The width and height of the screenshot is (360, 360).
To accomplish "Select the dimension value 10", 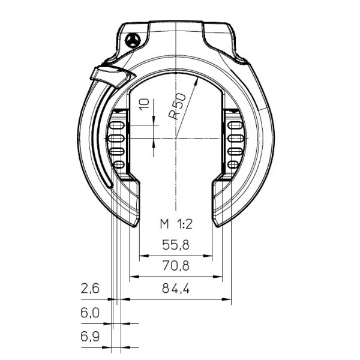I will [142, 106].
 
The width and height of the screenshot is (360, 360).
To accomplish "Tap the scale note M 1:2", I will [176, 224].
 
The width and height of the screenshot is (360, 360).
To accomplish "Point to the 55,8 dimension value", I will [175, 245].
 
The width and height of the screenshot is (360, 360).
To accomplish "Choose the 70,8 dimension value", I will [175, 266].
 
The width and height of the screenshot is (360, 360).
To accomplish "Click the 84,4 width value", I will [176, 289].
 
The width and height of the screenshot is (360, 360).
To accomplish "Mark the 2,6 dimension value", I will [90, 289].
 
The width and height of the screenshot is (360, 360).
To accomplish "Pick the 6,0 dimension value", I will [90, 313].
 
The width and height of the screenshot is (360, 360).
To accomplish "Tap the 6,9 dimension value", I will [90, 336].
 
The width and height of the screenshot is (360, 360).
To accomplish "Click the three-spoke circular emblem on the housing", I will [133, 39].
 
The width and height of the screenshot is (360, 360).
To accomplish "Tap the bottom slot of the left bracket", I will [118, 164].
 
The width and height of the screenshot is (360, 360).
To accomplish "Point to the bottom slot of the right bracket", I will [234, 164].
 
